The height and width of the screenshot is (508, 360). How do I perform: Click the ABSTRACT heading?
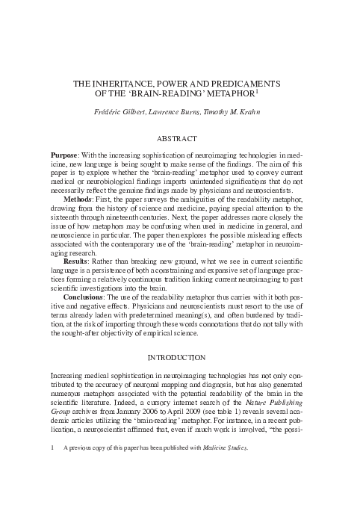point(180,138)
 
